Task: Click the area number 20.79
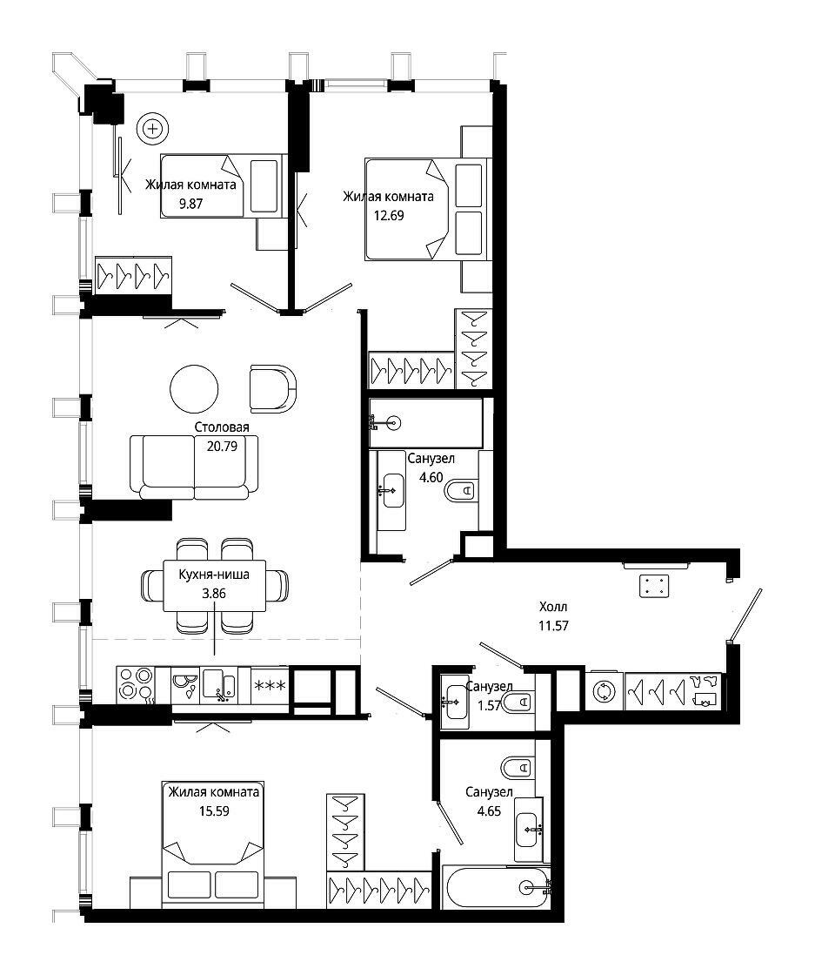(222, 446)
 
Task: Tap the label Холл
(553, 606)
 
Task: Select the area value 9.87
(190, 204)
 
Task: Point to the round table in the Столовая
(195, 389)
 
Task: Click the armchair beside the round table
(273, 388)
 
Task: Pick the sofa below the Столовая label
(194, 467)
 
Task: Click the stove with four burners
(136, 685)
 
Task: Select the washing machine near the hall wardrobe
(604, 691)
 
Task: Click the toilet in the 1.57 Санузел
(518, 703)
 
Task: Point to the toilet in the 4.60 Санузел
(462, 491)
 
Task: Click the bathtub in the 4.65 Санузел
(496, 887)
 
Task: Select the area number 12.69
(388, 216)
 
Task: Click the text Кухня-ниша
(214, 575)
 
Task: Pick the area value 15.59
(214, 810)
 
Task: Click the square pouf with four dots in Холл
(654, 585)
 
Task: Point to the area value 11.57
(553, 626)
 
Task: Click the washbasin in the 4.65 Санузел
(529, 830)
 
